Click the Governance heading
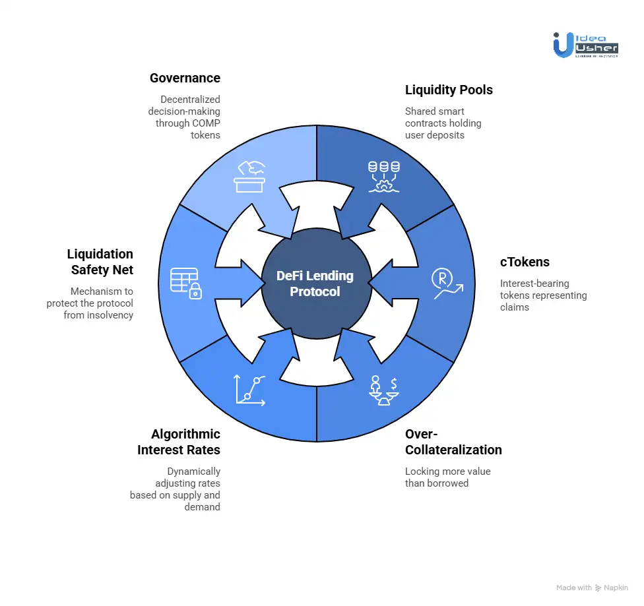pyautogui.click(x=185, y=78)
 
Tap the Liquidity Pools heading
pyautogui.click(x=449, y=90)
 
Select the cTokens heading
pyautogui.click(x=525, y=262)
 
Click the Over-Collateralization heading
pyautogui.click(x=453, y=442)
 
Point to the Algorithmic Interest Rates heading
pyautogui.click(x=179, y=442)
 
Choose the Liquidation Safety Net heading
pyautogui.click(x=100, y=262)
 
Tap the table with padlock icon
pyautogui.click(x=185, y=283)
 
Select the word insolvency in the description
pyautogui.click(x=110, y=315)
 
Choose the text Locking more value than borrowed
pyautogui.click(x=447, y=477)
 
